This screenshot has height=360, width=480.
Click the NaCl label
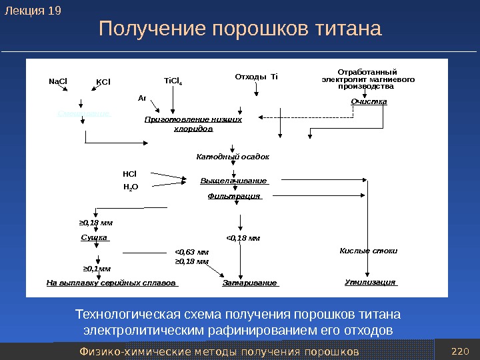(x=59, y=82)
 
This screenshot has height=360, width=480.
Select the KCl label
(x=103, y=83)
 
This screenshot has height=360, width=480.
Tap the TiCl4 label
(x=173, y=82)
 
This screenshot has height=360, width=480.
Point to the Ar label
(x=142, y=97)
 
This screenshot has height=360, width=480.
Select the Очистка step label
(x=369, y=101)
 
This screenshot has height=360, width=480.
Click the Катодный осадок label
(x=233, y=157)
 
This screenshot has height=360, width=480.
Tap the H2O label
(x=131, y=187)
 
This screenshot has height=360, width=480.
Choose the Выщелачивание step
(x=233, y=181)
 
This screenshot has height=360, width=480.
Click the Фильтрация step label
(x=234, y=196)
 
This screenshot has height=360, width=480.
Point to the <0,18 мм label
(x=243, y=237)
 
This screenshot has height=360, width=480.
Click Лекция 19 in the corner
(x=33, y=11)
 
